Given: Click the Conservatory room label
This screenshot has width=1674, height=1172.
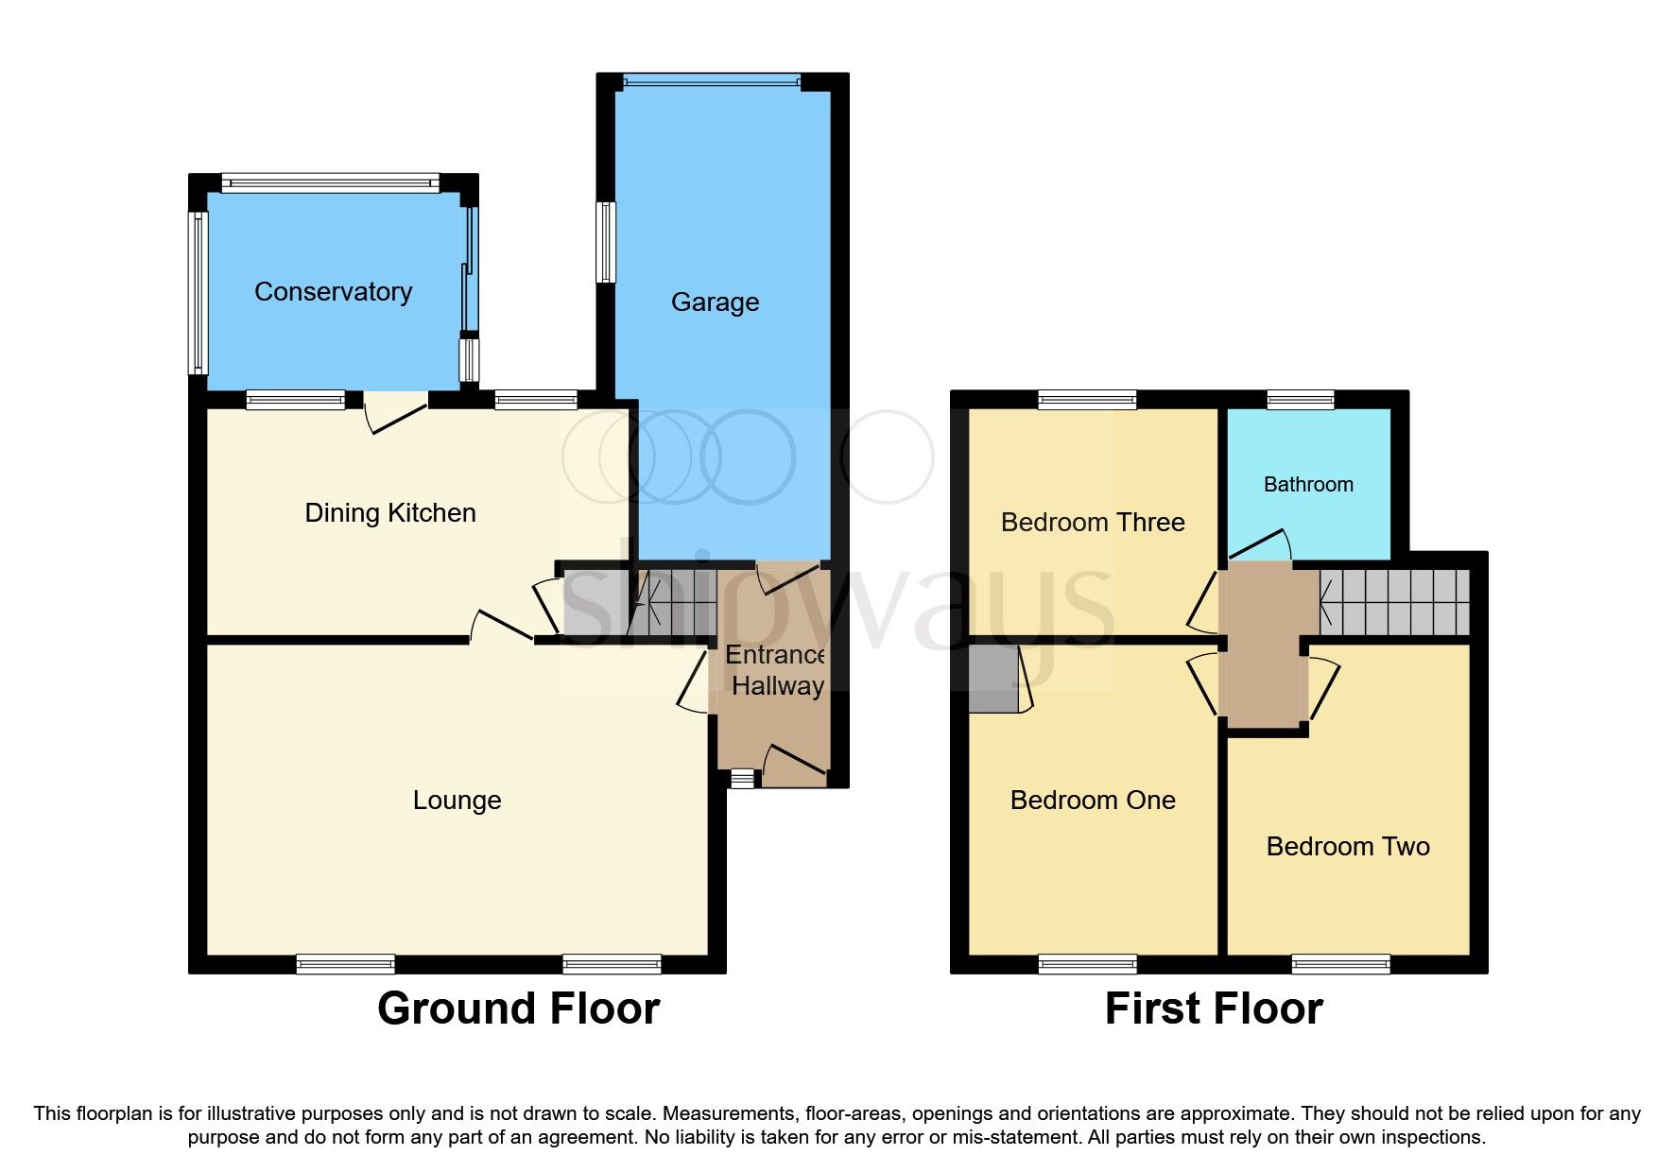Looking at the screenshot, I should [333, 292].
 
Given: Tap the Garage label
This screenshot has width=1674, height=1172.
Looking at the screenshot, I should [715, 302].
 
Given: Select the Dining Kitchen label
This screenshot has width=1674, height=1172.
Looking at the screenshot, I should [389, 513].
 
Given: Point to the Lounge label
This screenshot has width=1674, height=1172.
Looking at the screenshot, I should [457, 801].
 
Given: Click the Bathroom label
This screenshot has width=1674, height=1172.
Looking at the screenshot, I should [1308, 485].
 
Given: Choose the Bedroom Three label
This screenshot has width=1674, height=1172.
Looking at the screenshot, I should [1092, 523].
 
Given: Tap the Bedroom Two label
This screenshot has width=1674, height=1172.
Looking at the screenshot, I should [1347, 847].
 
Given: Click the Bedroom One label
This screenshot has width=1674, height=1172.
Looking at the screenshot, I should [1092, 801].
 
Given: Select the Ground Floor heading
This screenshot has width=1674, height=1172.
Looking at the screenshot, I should [518, 1008].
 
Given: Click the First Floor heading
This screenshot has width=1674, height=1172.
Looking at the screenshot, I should [1213, 1008].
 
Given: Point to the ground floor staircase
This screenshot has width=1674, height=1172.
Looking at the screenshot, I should [673, 602].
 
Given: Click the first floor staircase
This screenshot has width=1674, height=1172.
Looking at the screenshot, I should [1395, 602].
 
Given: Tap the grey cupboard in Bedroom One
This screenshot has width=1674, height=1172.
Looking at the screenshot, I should [992, 679].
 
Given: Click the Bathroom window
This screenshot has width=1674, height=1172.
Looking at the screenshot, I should [1300, 400].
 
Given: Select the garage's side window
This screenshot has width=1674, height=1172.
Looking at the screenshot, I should [606, 242].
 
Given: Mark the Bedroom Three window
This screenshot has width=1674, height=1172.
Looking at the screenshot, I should [1087, 400].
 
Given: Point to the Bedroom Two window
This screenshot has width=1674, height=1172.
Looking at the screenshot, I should [1340, 964].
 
